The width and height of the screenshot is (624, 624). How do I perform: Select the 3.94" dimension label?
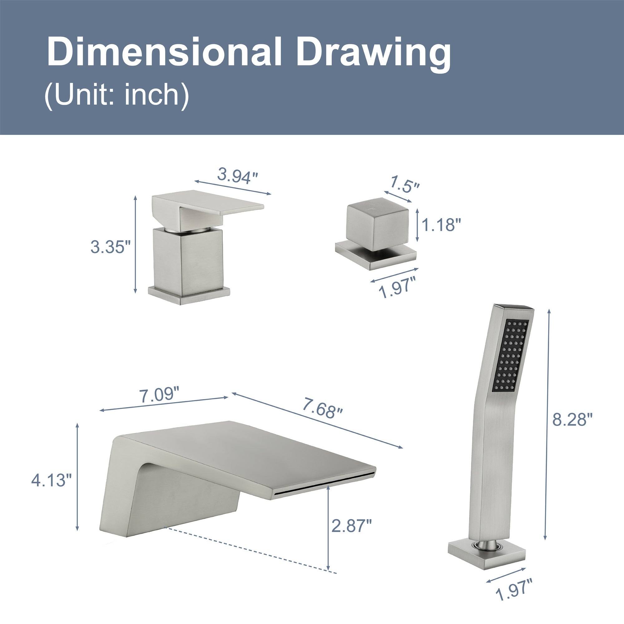(238, 176)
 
